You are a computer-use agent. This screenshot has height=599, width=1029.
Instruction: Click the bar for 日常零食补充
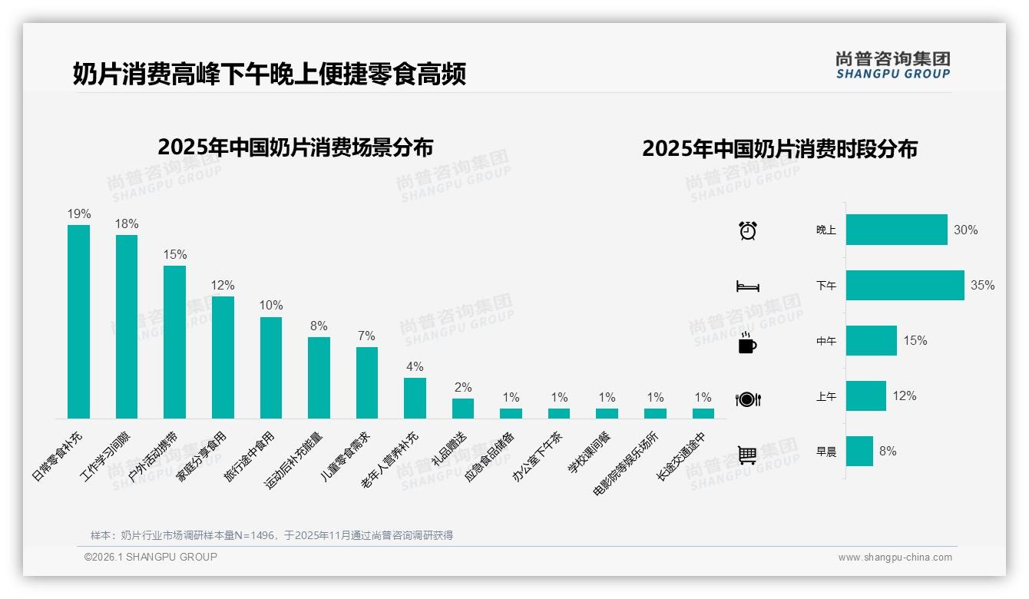(78, 321)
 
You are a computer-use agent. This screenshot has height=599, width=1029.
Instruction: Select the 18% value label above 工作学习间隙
(127, 224)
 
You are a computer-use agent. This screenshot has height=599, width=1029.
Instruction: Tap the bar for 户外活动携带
(174, 342)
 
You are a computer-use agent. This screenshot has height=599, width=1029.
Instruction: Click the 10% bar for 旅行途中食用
(270, 367)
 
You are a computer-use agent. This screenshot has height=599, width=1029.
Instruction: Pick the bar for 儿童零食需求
(367, 382)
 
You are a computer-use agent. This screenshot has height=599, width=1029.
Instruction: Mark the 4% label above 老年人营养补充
(415, 367)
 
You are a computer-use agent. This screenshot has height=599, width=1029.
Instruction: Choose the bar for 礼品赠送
(463, 408)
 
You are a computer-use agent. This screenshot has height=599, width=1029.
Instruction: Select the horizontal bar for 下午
(905, 285)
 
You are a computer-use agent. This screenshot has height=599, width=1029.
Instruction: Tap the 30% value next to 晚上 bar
(965, 230)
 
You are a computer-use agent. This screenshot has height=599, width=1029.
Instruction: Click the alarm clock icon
(748, 230)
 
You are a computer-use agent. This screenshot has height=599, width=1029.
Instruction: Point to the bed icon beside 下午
(748, 286)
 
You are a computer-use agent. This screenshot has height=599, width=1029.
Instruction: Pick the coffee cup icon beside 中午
(747, 343)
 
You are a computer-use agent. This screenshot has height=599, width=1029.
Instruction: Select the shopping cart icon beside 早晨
(747, 455)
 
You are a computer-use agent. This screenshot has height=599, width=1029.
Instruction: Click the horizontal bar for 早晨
(859, 452)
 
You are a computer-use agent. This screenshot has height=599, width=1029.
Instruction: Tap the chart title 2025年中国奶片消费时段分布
(779, 149)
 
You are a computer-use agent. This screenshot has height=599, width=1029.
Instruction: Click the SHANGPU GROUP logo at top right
(892, 65)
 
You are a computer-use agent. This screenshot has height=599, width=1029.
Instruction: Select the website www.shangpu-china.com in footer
(895, 558)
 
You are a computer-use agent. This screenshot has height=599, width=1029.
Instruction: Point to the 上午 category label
(826, 397)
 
